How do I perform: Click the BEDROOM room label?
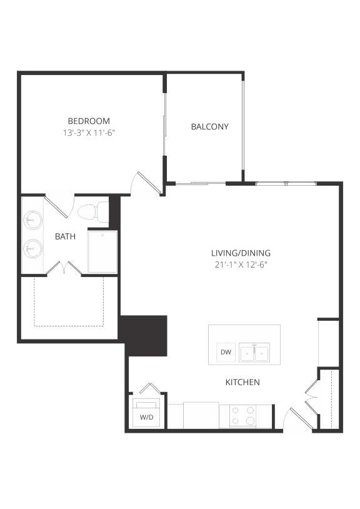tap(89, 121)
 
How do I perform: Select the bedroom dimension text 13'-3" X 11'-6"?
tap(89, 133)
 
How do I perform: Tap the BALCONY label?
tap(209, 126)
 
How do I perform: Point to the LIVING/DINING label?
tap(241, 253)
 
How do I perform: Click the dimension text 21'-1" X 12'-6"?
tap(241, 265)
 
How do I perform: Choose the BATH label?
tap(65, 236)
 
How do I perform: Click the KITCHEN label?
tap(242, 382)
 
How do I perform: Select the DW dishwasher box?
tap(226, 353)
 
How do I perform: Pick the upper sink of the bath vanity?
tap(32, 220)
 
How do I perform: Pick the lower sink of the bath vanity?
tap(32, 249)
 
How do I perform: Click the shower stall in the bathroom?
tap(102, 251)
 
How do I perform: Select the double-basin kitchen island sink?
tap(255, 353)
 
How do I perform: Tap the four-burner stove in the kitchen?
tap(242, 416)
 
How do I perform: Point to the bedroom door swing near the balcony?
tap(143, 183)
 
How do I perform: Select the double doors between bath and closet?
tap(65, 269)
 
